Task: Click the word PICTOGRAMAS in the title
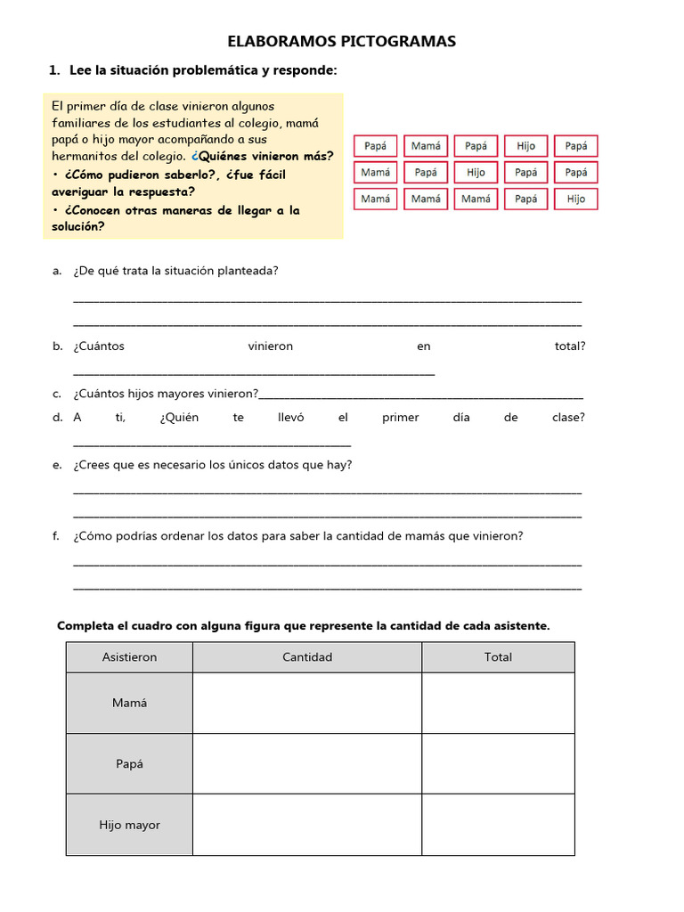[402, 41]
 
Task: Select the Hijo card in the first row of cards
[525, 146]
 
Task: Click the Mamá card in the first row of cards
[426, 146]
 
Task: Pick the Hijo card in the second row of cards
[476, 173]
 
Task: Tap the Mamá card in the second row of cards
[376, 173]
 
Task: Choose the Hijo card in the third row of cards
[575, 199]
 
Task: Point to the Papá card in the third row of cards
[525, 199]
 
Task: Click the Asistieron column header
[129, 657]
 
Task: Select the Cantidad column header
[307, 657]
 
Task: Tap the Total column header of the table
[498, 657]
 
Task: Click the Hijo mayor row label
[129, 826]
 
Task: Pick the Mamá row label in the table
[129, 703]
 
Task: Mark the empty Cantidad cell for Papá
[307, 764]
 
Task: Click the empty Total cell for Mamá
[498, 703]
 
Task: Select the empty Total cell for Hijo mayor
[498, 826]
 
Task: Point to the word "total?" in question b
[569, 346]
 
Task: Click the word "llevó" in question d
[291, 418]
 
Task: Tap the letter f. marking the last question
[56, 536]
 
